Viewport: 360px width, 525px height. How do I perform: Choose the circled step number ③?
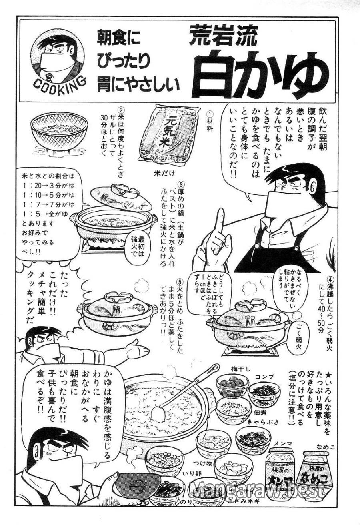coord(181,185)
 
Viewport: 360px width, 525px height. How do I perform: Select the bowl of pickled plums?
coord(232,385)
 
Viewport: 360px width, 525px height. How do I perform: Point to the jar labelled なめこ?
coord(316,472)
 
